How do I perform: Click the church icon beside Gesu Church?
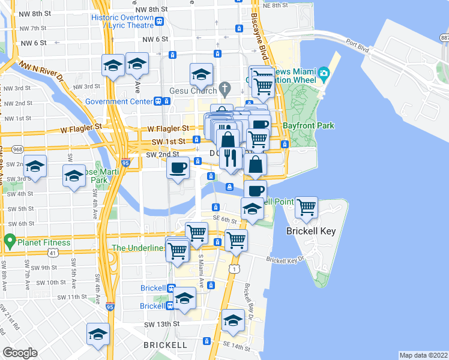pos(225,90)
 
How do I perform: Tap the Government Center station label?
pos(118,101)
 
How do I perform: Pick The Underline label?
pos(137,248)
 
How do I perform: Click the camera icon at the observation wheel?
pos(324,74)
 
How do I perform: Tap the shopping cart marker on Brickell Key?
pos(307,207)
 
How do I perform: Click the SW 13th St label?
pos(159,324)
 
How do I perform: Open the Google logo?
pos(20,353)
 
